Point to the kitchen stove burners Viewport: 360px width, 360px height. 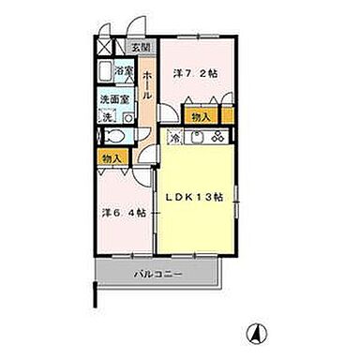[x=217, y=138]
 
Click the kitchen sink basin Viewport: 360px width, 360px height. [x=195, y=138]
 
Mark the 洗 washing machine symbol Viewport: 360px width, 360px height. [x=106, y=116]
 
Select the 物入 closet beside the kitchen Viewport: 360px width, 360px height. [x=199, y=116]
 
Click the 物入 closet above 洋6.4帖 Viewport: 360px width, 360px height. [x=110, y=159]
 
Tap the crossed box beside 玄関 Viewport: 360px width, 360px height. [x=106, y=47]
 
